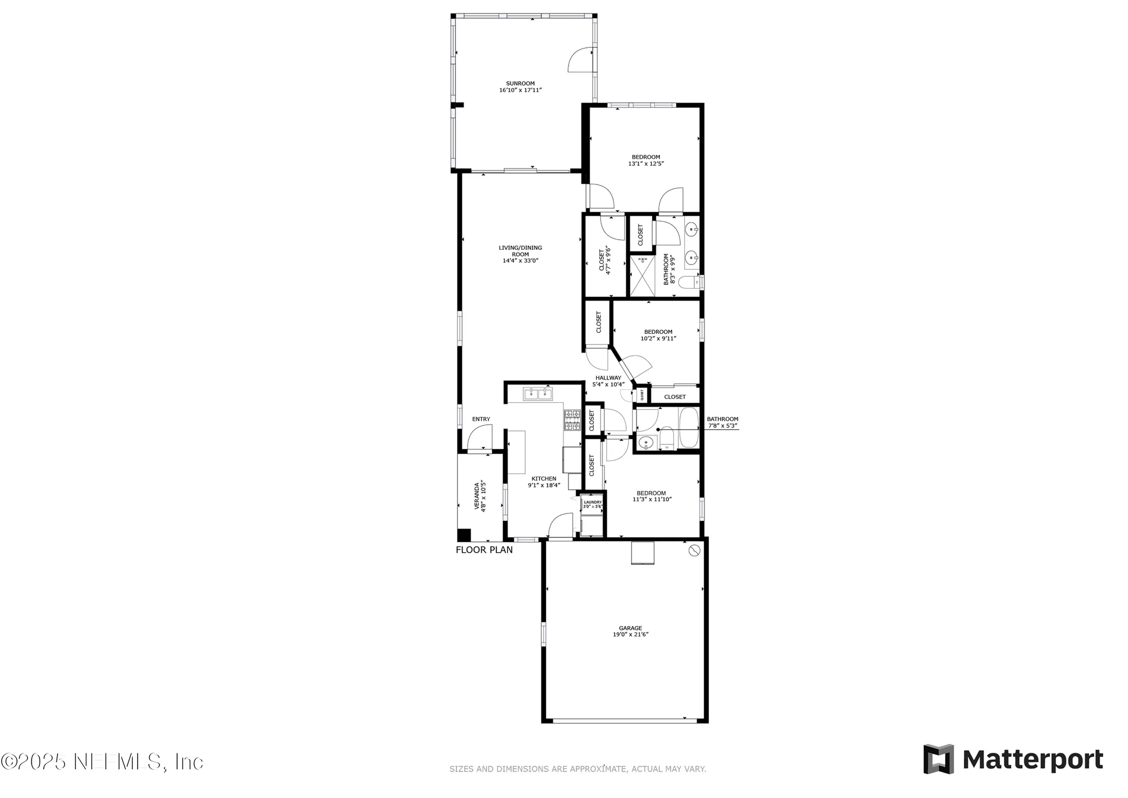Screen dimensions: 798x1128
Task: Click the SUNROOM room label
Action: tap(520, 83)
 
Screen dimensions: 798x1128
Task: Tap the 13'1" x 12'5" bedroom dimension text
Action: tap(646, 164)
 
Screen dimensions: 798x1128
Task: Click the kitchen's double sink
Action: tap(142, 394)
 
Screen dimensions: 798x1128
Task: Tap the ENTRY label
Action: tap(481, 419)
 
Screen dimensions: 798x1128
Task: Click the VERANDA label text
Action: tap(477, 496)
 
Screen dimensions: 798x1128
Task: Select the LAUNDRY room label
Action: tap(592, 502)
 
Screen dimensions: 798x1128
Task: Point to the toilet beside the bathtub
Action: tap(667, 439)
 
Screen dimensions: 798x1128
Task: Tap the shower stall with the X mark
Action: tap(642, 276)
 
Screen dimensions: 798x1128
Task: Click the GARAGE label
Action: tap(630, 628)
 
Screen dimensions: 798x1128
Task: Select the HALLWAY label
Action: tap(608, 378)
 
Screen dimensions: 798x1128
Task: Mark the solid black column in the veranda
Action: tap(464, 535)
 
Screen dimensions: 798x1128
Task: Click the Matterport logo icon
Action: tap(938, 759)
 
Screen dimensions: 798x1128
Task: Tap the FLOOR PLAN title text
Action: tap(484, 550)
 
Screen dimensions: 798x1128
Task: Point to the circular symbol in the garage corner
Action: tap(694, 550)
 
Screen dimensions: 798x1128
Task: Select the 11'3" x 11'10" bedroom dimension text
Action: tap(651, 499)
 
